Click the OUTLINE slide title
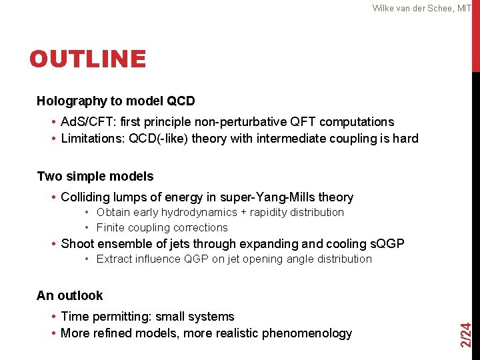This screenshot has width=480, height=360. pos(87,59)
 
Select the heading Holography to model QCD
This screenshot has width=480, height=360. pos(116,101)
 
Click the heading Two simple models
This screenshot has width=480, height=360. pos(95,177)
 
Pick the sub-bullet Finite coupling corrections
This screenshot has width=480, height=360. pos(162,228)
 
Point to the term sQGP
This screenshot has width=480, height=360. pos(385,244)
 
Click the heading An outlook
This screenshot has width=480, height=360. pos(70,295)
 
